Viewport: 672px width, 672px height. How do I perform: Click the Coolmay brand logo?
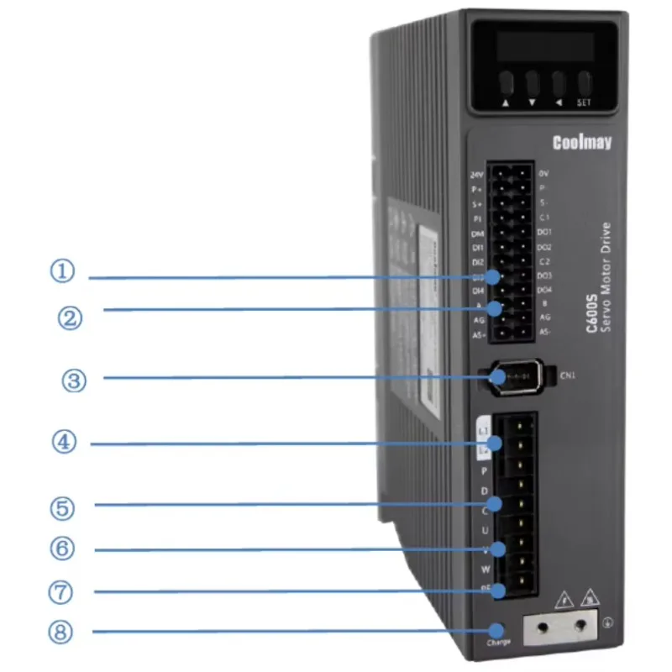(x=583, y=142)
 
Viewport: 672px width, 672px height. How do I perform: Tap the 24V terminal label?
(x=477, y=176)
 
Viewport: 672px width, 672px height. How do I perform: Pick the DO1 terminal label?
(x=544, y=231)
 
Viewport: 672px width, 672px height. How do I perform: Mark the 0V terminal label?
(x=543, y=172)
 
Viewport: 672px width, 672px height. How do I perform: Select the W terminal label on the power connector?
(x=486, y=570)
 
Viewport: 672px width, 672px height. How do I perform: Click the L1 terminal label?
(x=483, y=431)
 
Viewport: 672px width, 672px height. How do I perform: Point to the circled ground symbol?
(x=606, y=622)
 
